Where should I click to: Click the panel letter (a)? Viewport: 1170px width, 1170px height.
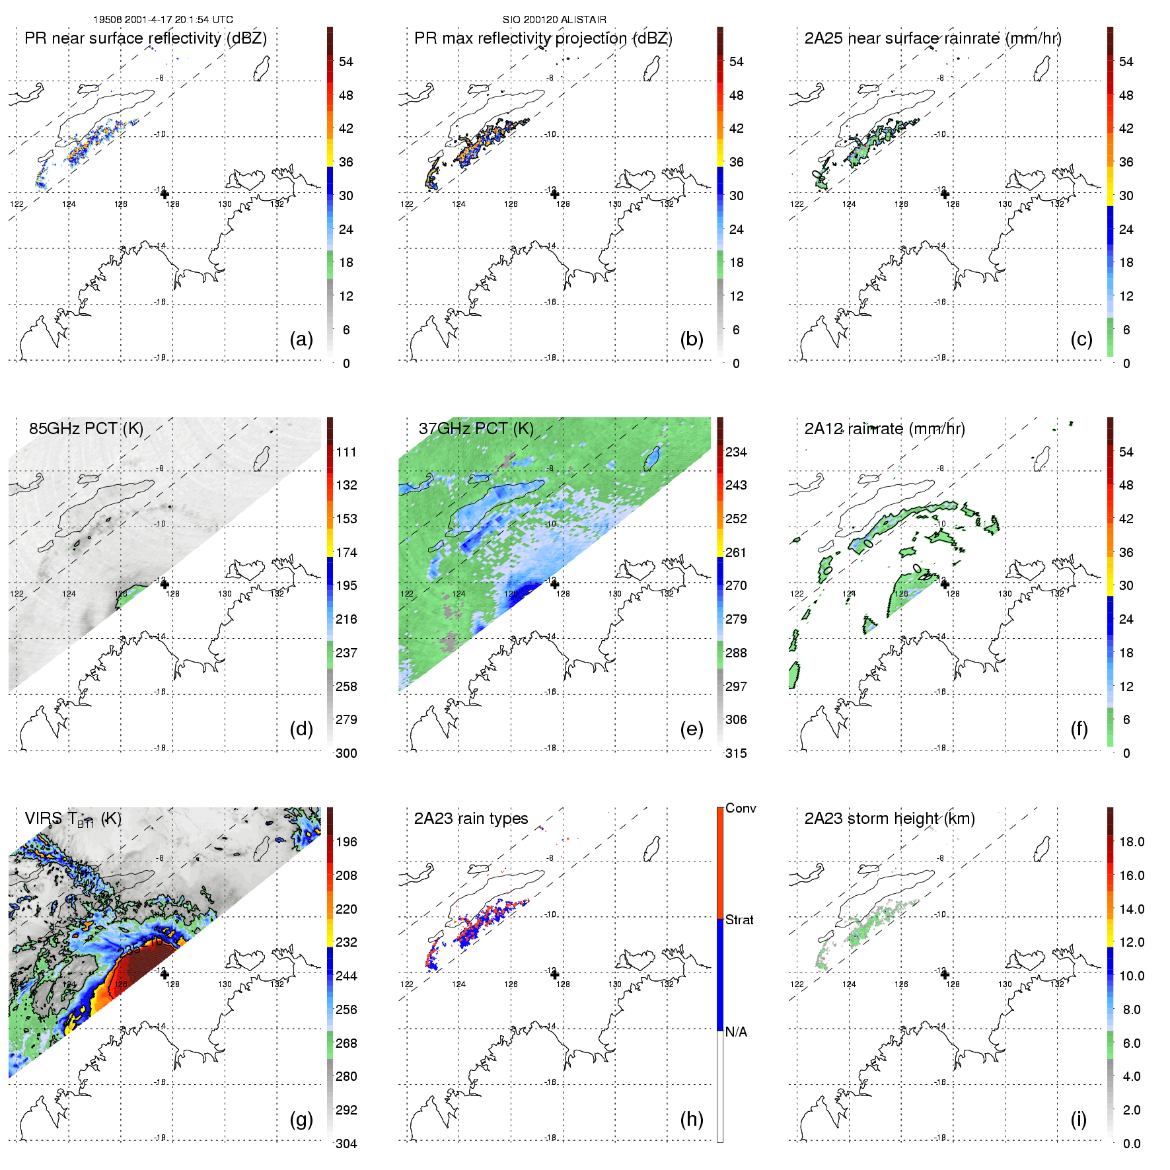point(301,340)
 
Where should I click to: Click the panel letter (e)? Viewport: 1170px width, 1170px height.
point(691,729)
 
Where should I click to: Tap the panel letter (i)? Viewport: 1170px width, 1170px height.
point(1078,1120)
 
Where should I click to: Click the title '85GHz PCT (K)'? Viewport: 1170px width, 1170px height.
point(86,429)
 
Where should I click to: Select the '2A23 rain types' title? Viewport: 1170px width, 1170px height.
point(471,819)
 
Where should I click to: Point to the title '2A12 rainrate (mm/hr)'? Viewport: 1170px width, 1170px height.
point(885,429)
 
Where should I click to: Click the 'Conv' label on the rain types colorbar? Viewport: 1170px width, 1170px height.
point(741,808)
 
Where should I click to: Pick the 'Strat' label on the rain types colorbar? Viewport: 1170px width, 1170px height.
point(739,920)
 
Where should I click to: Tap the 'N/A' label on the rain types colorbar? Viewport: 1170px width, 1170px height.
point(736,1032)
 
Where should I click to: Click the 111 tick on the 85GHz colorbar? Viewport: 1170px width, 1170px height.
point(346,453)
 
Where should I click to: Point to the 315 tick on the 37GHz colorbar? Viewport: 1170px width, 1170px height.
point(736,754)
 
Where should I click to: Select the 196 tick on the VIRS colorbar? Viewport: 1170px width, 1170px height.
point(346,842)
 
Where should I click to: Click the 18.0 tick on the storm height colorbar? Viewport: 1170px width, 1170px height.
point(1131,842)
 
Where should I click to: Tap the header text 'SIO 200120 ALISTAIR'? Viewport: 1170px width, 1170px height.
point(554,20)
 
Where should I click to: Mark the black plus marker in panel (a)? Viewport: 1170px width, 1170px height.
point(165,194)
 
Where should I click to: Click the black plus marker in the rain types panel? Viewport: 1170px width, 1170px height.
point(555,974)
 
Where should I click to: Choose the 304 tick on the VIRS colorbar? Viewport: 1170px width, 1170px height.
point(346,1144)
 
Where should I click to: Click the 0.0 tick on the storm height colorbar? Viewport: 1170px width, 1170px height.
point(1131,1144)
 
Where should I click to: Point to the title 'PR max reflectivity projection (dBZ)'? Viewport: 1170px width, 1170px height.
point(543,38)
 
